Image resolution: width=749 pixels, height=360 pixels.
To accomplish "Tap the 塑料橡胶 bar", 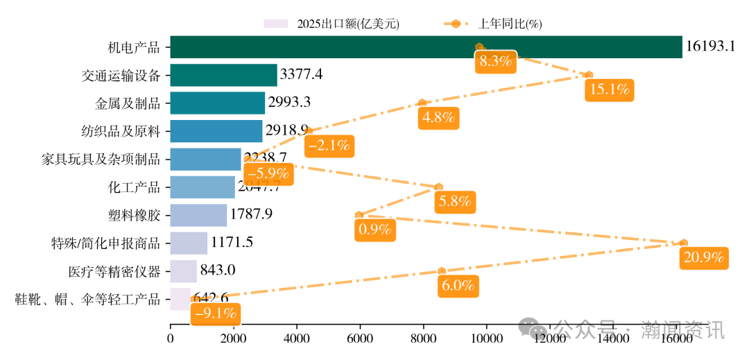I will point(198,215).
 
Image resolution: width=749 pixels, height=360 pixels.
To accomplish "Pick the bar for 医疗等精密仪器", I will point(183,271).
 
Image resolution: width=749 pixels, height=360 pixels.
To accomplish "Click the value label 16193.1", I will point(710,47).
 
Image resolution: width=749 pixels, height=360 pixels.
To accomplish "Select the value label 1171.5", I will point(232,243).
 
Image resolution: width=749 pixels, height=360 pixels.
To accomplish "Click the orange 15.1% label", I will point(608,89).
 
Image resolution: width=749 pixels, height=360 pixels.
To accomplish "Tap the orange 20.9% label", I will point(703,257).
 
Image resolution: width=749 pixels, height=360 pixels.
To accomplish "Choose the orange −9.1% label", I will point(216,314).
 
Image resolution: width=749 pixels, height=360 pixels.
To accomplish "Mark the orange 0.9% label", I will point(374,230).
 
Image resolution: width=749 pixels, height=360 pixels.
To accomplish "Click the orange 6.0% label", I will point(458,285).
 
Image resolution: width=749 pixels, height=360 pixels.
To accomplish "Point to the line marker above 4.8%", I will point(422,103).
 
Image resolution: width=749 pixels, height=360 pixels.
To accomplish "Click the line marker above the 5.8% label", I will point(438,187).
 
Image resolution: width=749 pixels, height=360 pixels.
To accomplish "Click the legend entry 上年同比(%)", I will point(492,24).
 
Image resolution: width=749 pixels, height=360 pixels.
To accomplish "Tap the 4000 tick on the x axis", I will point(297,338).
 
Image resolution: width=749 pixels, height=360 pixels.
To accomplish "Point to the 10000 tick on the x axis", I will point(486,338).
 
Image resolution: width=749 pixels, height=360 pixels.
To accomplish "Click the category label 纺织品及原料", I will point(121,131).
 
